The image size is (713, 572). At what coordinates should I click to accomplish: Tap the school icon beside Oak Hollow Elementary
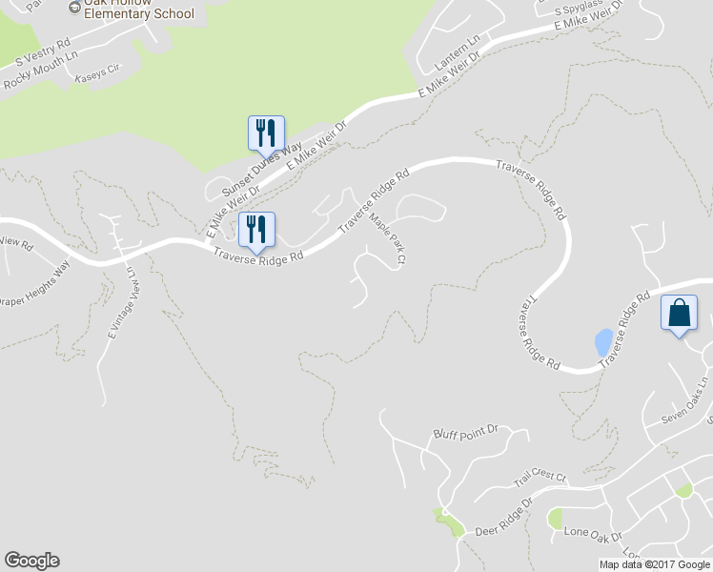(74, 8)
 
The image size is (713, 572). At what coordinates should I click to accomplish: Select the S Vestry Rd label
(37, 55)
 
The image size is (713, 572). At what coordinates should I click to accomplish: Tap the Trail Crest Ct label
(540, 480)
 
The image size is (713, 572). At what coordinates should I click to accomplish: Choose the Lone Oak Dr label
(593, 532)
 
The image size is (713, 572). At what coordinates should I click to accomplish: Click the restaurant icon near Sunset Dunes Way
(266, 133)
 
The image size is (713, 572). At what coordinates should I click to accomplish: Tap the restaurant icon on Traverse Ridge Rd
(256, 229)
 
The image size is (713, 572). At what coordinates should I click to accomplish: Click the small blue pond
(603, 341)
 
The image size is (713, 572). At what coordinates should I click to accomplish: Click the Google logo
(31, 561)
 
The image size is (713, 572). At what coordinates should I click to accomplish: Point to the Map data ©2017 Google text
(654, 564)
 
